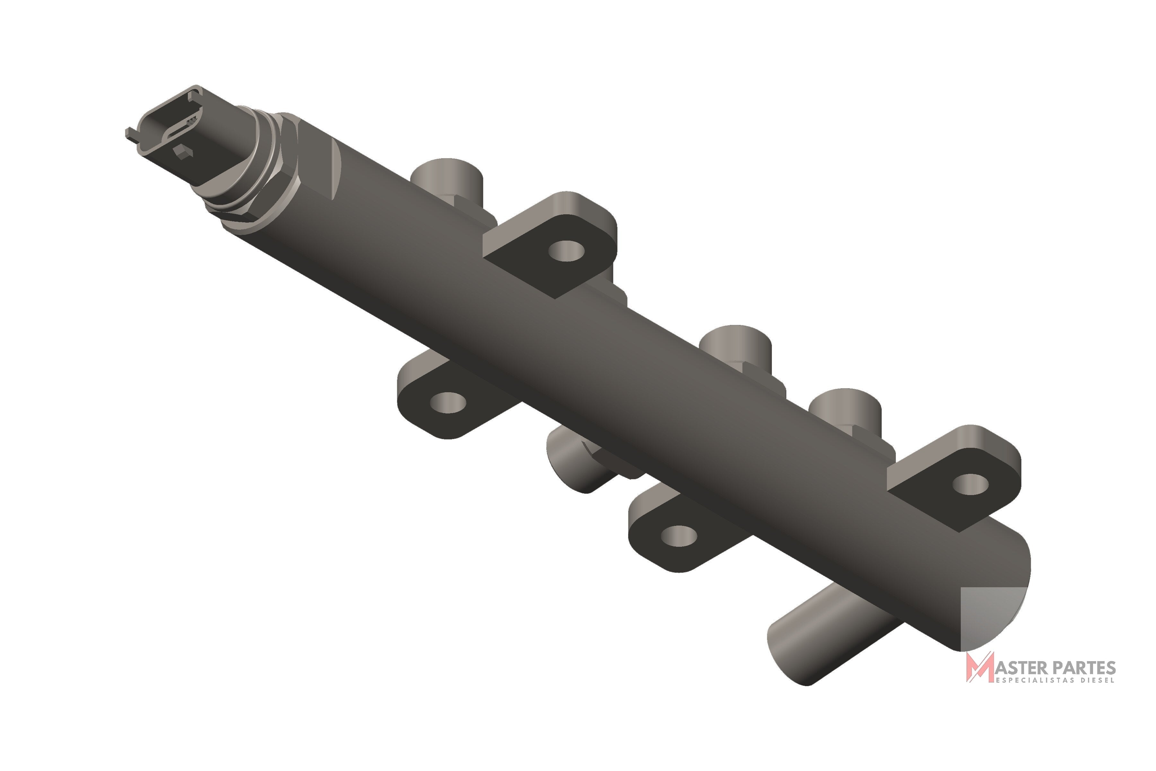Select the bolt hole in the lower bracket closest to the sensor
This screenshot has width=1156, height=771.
448,403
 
